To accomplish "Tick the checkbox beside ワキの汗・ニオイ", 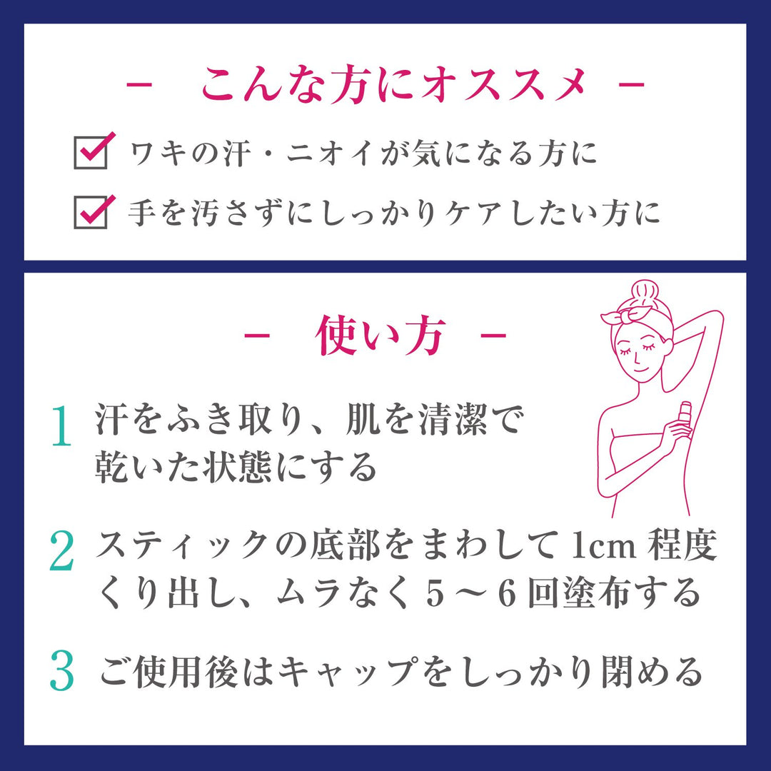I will pos(91,153).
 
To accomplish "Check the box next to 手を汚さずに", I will pos(91,212).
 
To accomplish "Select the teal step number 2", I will pos(63,550).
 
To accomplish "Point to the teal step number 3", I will pos(63,672).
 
